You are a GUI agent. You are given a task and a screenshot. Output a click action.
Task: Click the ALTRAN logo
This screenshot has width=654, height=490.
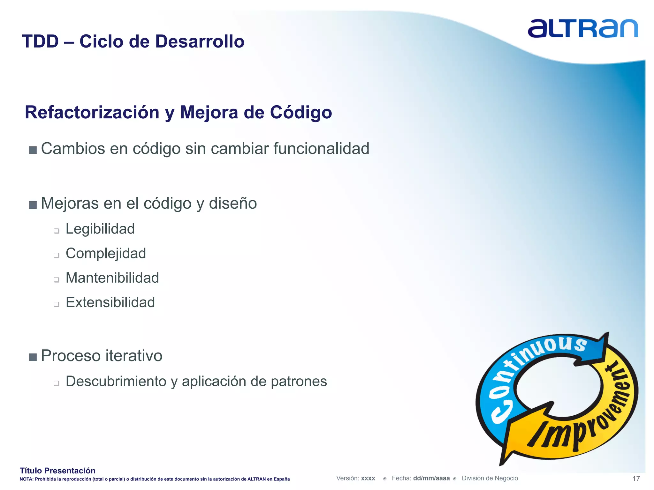click(583, 28)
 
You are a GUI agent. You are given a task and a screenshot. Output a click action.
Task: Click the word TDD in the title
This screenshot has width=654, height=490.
click(40, 41)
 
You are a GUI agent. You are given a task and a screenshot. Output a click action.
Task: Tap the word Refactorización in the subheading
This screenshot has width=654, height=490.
click(92, 112)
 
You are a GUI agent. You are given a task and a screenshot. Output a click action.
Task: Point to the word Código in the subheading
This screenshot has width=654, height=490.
click(301, 113)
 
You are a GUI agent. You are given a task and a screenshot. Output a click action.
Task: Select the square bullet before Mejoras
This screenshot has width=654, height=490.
click(33, 204)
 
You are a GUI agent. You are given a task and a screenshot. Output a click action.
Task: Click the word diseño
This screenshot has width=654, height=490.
click(233, 204)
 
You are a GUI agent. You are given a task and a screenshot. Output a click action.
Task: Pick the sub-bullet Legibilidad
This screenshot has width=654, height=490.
click(100, 229)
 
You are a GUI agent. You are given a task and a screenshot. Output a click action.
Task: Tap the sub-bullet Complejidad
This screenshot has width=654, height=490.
click(106, 254)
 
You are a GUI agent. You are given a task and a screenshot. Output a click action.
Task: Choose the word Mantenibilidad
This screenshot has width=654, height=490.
click(112, 278)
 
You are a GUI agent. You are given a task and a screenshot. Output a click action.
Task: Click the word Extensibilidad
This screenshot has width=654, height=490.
click(110, 302)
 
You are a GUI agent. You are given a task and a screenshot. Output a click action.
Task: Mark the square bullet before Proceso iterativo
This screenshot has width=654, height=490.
click(33, 357)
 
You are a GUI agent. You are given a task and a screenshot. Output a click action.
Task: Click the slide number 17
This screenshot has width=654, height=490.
click(636, 479)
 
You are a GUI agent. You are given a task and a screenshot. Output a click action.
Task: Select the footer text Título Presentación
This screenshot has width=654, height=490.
click(57, 471)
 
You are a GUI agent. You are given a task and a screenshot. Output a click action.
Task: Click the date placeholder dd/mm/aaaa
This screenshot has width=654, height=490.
click(431, 478)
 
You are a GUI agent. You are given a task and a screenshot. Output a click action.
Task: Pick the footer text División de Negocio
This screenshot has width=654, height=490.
click(490, 478)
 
